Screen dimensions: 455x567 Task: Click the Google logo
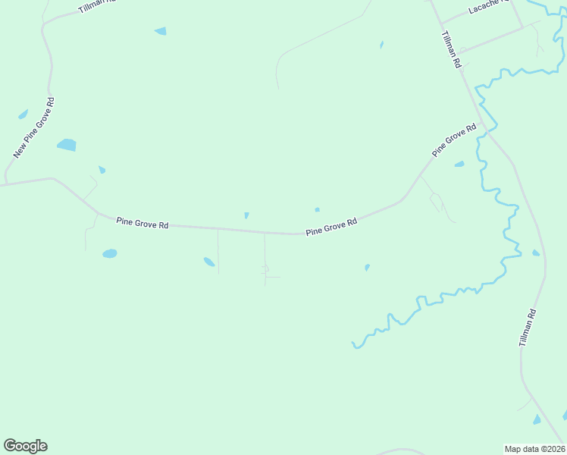pos(25,446)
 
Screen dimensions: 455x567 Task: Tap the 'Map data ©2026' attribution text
pos(534,448)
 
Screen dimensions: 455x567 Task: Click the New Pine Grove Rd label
pos(34,128)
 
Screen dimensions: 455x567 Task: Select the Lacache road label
pos(486,8)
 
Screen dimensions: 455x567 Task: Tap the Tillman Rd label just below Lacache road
pos(452,51)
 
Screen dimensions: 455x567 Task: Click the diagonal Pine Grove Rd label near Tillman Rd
pos(454,141)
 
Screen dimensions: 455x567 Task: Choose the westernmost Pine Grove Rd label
pos(143,223)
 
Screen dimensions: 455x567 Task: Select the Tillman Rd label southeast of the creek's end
pos(529,328)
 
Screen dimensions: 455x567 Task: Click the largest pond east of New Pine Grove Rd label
pos(67,145)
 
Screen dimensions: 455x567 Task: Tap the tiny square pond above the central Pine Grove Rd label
pos(317,209)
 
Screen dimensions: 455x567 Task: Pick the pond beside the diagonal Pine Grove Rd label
pos(459,164)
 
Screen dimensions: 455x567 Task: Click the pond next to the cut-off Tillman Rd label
pos(160,31)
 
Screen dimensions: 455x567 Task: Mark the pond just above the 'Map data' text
pos(537,419)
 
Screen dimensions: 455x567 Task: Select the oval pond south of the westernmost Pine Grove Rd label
pos(110,253)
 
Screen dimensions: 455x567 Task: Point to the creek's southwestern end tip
pos(354,347)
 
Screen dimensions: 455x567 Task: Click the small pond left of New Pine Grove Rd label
pos(23,115)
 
